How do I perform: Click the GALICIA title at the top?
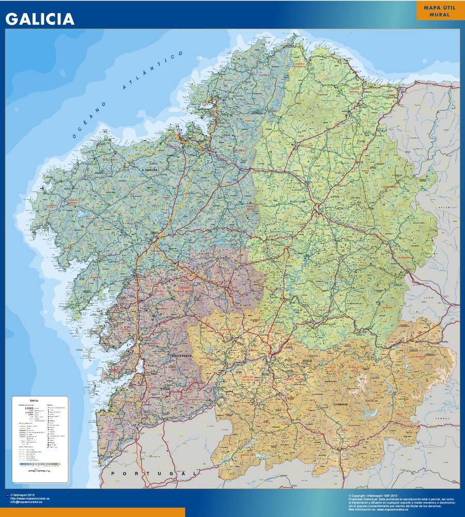coord(40,19)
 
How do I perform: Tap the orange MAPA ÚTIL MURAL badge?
coord(436,11)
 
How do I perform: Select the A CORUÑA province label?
coord(149,170)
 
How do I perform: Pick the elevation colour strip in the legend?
coord(40,464)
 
